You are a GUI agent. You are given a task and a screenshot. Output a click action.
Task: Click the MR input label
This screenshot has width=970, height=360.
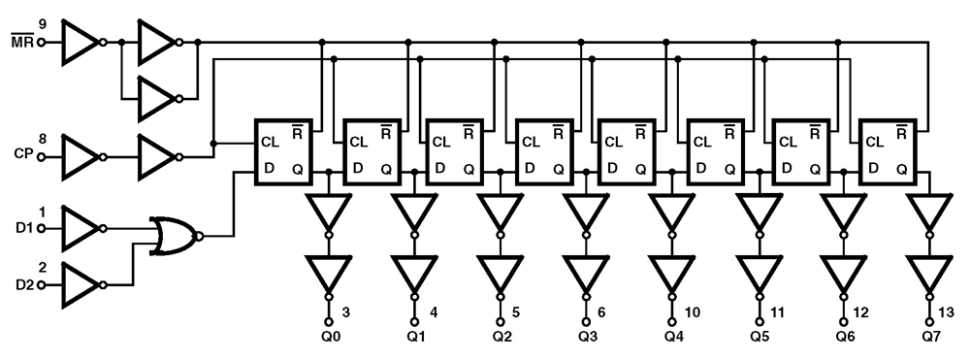pos(23,44)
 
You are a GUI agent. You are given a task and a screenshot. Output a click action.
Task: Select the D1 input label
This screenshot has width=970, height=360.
pos(23,229)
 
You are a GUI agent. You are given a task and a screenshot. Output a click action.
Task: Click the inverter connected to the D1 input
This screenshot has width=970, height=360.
pos(81,229)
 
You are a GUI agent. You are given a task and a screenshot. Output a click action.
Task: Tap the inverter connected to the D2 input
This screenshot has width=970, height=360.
pos(81,283)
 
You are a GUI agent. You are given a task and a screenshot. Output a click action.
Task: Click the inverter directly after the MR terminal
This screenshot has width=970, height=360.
pos(81,43)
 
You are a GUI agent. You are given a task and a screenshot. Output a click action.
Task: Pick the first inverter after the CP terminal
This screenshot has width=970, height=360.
pos(81,154)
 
